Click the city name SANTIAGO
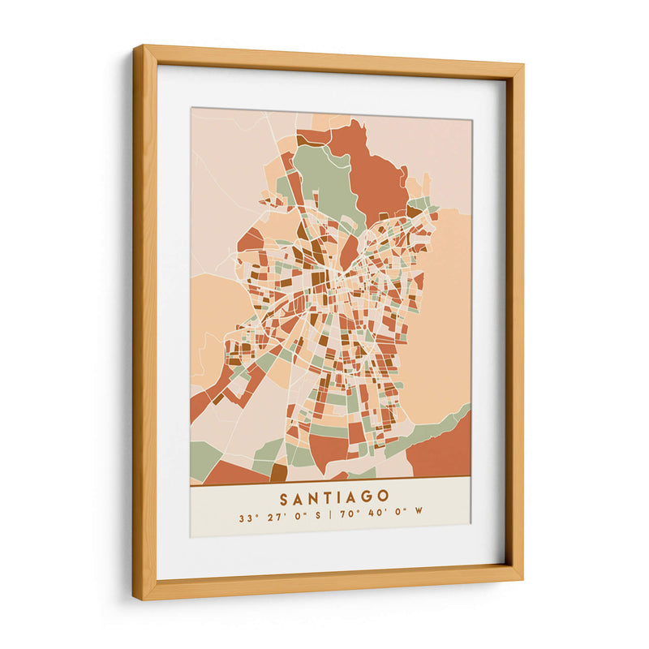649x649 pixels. (x=334, y=496)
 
